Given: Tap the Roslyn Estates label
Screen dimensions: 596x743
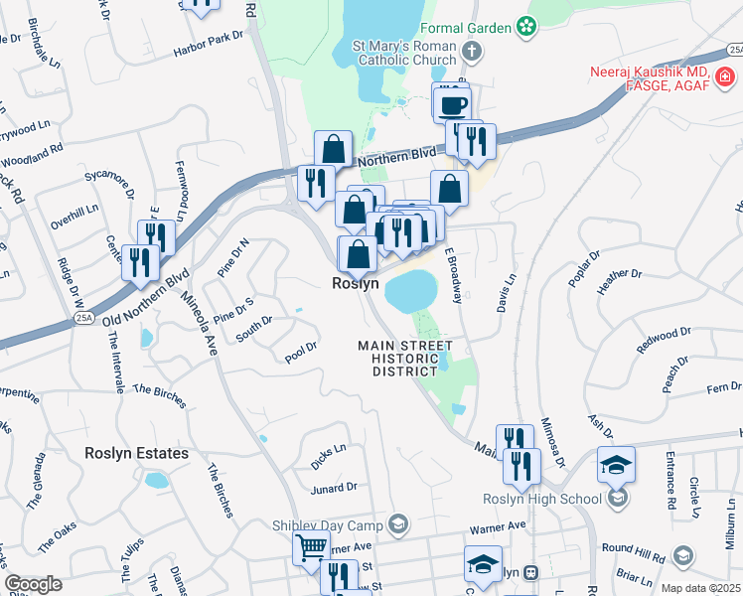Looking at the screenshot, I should coord(136,453).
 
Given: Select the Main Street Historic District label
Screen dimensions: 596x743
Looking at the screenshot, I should coord(405,358).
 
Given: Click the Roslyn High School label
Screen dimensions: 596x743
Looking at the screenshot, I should coord(541,499).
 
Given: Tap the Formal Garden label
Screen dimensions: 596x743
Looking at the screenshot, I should coord(465,29).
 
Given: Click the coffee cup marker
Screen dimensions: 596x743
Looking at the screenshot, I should coord(452,103).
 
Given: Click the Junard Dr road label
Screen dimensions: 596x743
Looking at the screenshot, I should coord(334,488).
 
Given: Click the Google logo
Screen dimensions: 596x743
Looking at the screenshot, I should coord(34,584).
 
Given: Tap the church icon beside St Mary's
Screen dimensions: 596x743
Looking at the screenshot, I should coord(472,50).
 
